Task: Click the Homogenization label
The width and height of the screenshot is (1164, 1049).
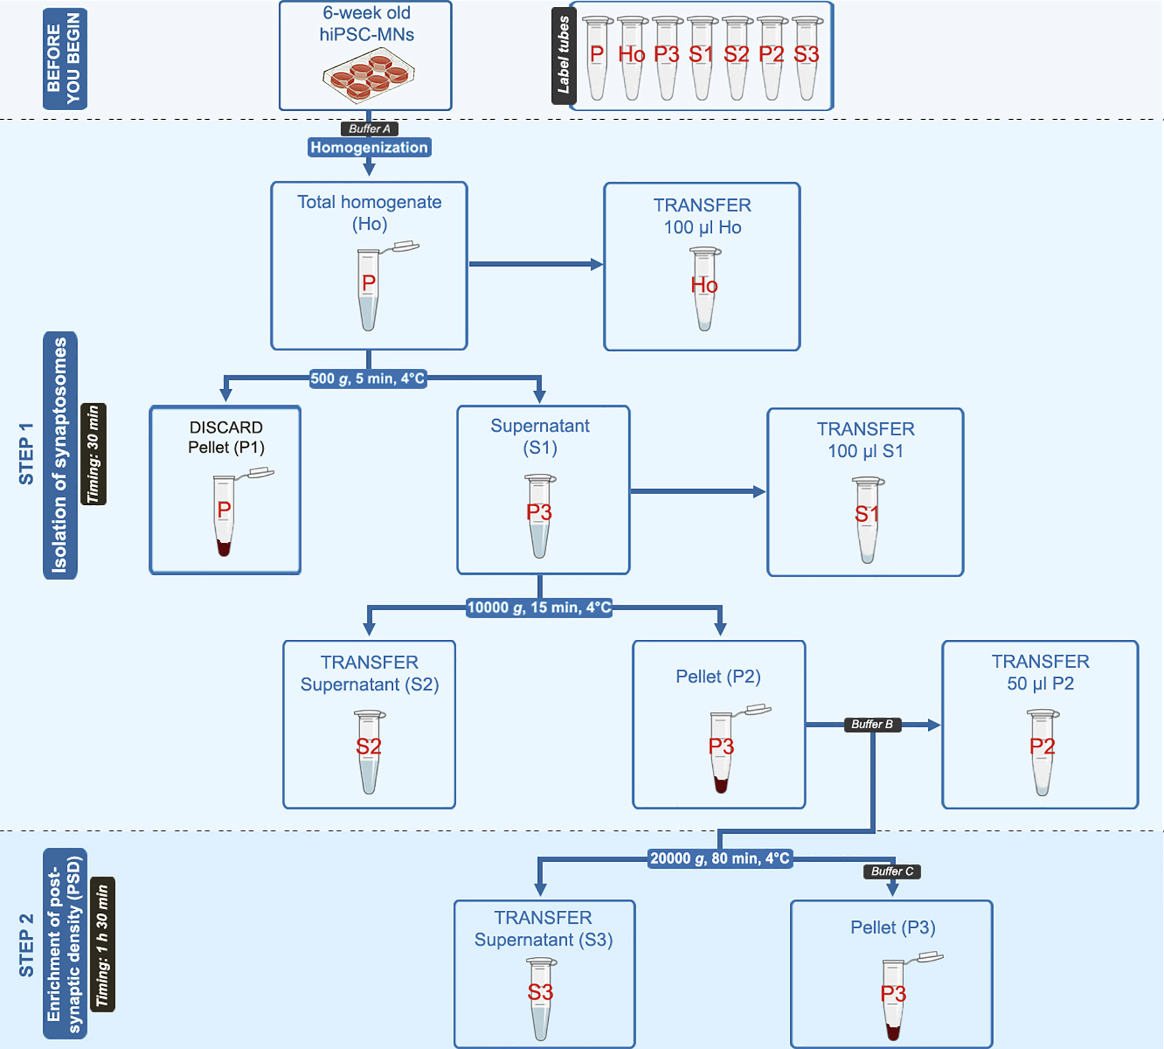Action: click(369, 148)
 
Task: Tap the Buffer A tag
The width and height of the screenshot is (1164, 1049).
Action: click(369, 129)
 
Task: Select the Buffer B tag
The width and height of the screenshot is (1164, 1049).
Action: click(872, 724)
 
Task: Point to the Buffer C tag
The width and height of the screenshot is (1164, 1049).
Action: click(891, 871)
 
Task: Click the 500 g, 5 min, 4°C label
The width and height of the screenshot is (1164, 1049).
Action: click(367, 379)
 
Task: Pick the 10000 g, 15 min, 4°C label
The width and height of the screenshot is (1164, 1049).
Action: click(539, 608)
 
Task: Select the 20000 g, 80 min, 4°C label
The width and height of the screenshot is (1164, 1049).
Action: click(720, 858)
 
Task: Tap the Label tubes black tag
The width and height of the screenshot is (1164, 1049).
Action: click(564, 56)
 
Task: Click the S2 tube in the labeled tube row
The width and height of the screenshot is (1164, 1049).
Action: click(736, 57)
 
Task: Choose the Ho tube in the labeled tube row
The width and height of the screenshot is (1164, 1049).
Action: click(632, 57)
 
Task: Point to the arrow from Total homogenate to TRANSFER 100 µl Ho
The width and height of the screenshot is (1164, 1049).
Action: click(536, 265)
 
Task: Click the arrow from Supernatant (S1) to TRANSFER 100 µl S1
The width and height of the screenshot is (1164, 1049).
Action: click(697, 492)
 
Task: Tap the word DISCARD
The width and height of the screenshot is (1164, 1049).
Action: click(226, 427)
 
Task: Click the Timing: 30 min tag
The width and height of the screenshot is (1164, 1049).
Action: click(93, 454)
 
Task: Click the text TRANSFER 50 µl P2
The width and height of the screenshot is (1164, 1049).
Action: click(1040, 672)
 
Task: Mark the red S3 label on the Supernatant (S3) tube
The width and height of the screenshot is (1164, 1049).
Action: click(540, 992)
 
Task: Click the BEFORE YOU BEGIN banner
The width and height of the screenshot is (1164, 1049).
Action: click(64, 59)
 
